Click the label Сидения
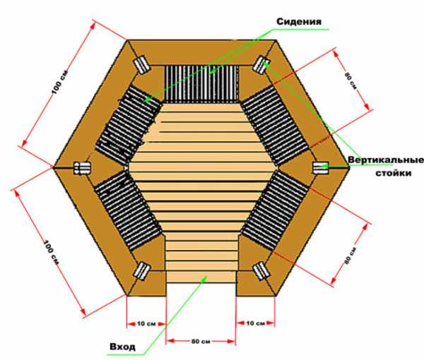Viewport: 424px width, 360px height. [299, 22]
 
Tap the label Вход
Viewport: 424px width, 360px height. [122, 347]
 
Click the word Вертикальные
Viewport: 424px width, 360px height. [386, 160]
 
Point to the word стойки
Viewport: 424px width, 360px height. [394, 173]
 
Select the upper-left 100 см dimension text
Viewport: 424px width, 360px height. [60, 82]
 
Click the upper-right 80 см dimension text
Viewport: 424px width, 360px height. [351, 80]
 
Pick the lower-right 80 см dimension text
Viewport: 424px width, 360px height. [351, 256]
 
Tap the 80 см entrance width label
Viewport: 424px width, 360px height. [201, 342]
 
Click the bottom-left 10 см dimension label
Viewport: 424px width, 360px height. [146, 323]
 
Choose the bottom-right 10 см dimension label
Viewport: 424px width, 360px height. [256, 323]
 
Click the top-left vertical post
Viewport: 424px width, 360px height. [142, 64]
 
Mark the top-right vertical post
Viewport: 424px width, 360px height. [261, 65]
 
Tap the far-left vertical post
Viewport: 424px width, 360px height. [82, 168]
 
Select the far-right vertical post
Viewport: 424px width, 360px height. [321, 168]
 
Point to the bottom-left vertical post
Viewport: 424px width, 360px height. [142, 270]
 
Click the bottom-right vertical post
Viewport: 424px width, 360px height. [261, 271]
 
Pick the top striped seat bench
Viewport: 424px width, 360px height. [201, 83]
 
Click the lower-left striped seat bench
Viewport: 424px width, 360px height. [128, 210]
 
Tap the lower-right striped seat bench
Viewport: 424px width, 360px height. [275, 210]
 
